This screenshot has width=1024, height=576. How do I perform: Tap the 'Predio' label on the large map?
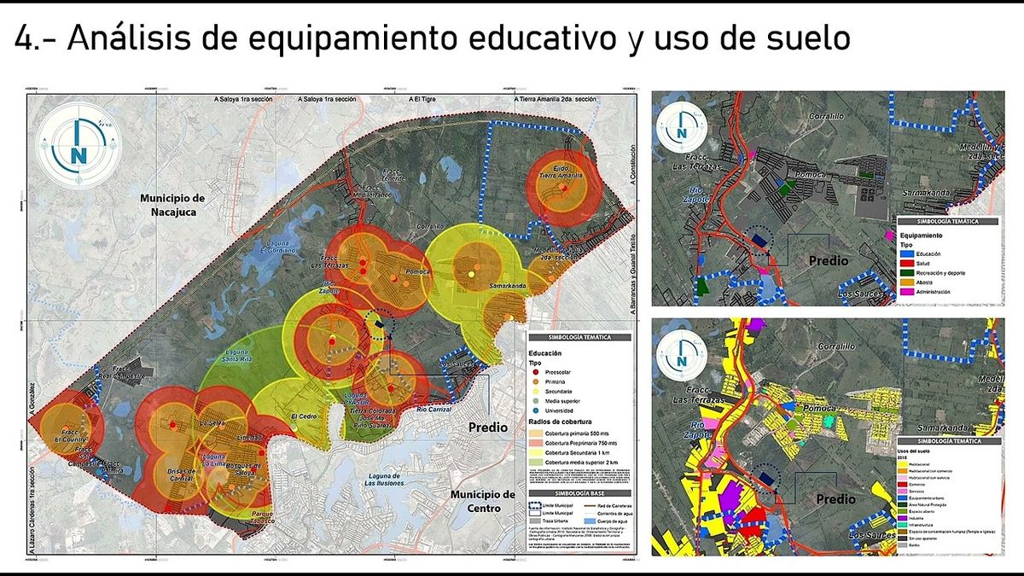[x=487, y=426]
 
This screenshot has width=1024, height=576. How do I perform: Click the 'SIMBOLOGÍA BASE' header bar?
[x=580, y=493]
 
